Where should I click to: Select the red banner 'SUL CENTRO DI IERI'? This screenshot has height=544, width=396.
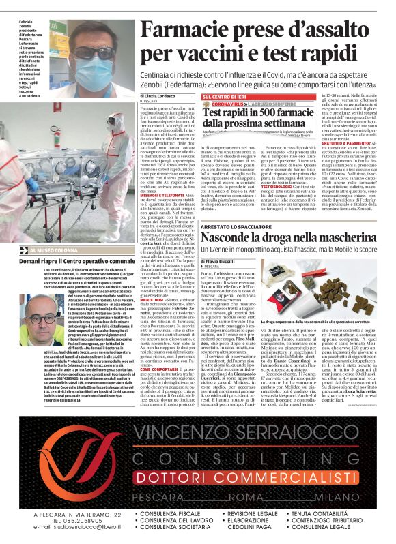[x=228, y=97]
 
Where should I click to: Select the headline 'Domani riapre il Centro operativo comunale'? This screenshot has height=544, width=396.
[x=78, y=261]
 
